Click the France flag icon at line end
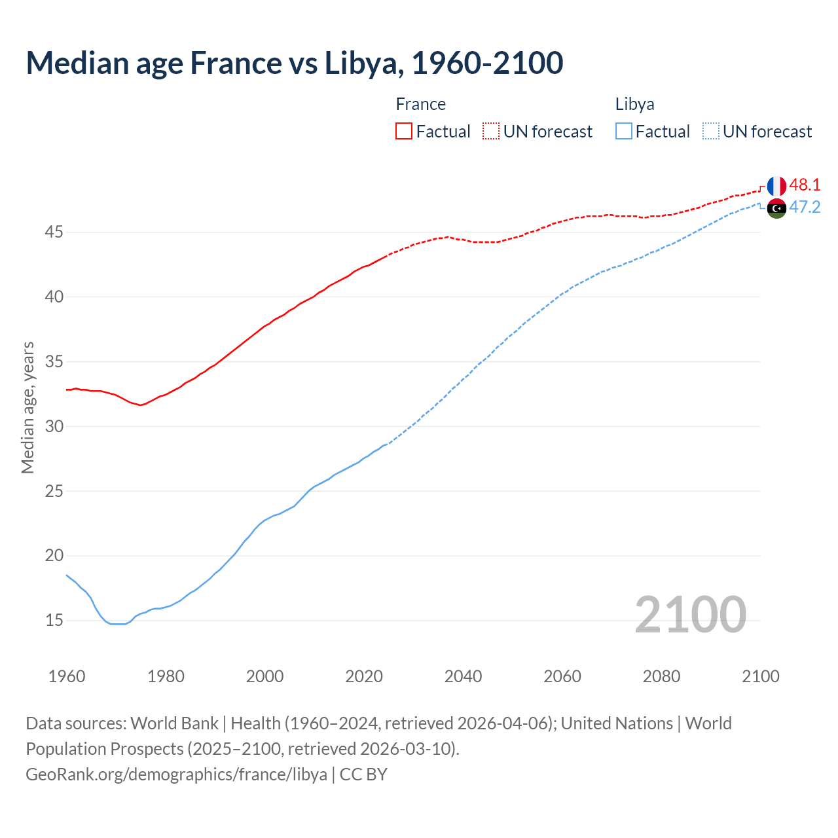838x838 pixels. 776,186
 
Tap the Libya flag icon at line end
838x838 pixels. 776,208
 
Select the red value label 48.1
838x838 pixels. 805,185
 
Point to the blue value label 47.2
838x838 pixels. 805,208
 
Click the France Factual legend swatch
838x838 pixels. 404,131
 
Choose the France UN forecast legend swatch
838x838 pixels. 491,131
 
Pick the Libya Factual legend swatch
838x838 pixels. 624,131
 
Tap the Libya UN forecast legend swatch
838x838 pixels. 710,131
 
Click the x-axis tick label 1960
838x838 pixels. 67,676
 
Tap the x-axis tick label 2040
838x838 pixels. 463,676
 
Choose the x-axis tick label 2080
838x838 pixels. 661,676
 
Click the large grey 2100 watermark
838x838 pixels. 690,614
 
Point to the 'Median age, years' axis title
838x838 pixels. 27,407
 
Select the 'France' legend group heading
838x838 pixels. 420,104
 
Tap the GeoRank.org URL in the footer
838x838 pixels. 176,774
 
